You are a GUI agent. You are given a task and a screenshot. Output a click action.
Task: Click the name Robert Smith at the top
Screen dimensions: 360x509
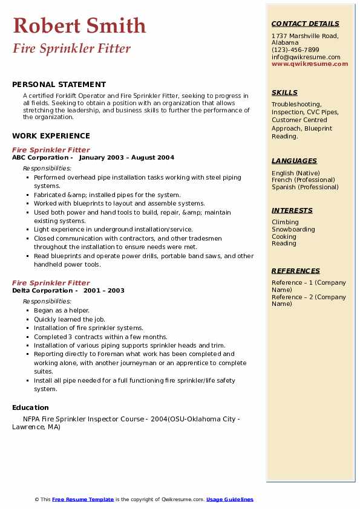[x=79, y=25]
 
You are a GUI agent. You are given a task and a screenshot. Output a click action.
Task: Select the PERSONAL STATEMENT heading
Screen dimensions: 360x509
[x=59, y=85]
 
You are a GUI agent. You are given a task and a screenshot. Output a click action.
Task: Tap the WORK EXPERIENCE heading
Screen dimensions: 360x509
[x=51, y=136]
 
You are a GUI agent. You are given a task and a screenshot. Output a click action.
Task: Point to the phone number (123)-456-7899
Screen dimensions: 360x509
[x=295, y=50]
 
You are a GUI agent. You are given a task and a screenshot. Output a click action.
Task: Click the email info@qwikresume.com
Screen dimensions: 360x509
[x=306, y=57]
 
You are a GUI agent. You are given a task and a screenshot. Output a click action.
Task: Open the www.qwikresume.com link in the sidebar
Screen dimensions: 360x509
[x=310, y=63]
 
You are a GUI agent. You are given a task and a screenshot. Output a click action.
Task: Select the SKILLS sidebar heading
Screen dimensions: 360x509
[x=284, y=92]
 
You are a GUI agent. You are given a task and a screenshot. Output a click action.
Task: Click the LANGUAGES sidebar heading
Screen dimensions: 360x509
[x=294, y=161]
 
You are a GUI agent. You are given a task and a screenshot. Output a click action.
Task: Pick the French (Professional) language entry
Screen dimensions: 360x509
[x=303, y=180]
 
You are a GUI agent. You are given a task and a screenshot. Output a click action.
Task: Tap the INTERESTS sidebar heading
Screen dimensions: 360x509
[x=292, y=210]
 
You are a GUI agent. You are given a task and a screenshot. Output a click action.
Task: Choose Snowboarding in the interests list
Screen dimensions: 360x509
[x=293, y=230]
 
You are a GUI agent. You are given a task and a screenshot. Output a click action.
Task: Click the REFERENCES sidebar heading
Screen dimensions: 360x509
[x=295, y=271]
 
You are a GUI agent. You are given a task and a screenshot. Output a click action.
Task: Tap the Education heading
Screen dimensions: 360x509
[x=30, y=407]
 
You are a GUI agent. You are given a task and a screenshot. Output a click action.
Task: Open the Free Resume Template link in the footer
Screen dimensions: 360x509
[x=83, y=499]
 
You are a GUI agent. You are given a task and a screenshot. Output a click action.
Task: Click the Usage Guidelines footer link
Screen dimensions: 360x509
[x=230, y=499]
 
